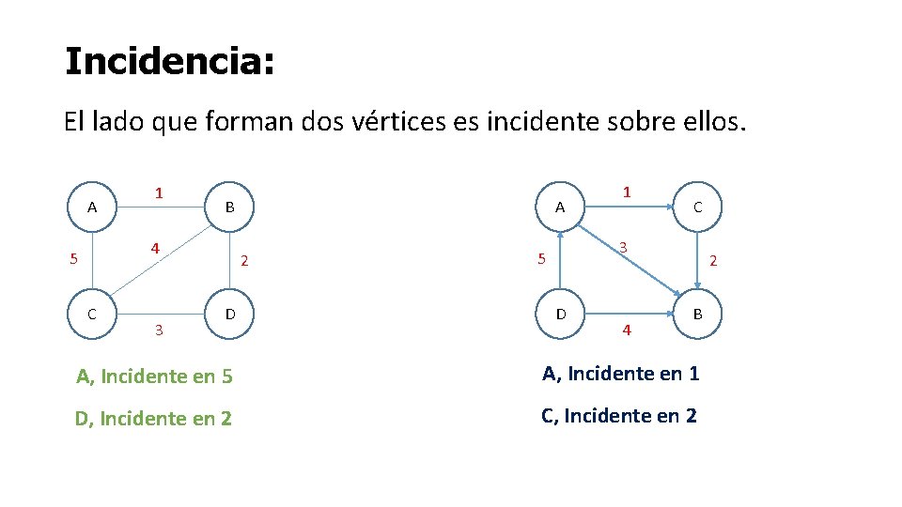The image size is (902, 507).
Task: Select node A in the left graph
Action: tap(92, 207)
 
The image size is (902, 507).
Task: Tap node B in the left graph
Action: tap(229, 207)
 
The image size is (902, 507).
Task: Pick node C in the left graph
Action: tap(92, 314)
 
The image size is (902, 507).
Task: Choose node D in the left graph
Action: tap(229, 314)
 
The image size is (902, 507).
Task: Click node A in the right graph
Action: tap(560, 207)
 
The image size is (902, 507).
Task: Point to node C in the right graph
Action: tap(697, 207)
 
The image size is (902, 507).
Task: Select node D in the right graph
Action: tap(561, 314)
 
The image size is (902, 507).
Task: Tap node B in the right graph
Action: tap(697, 314)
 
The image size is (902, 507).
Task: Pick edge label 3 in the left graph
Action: tap(158, 330)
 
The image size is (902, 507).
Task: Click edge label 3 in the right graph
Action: tap(622, 247)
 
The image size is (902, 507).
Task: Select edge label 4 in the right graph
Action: tap(627, 330)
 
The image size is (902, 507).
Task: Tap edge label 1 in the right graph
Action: tap(627, 192)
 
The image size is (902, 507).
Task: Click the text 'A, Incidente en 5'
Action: tap(154, 377)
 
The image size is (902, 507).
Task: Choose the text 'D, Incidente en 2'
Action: tap(153, 419)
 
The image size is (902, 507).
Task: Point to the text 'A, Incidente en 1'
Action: tap(620, 374)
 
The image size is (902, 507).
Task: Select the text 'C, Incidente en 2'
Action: tap(619, 415)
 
